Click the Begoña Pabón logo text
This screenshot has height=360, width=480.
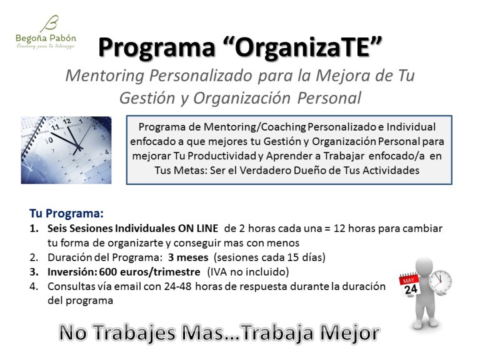[45, 37]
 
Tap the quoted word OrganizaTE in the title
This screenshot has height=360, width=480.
[307, 46]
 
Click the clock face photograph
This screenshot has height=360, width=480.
[66, 149]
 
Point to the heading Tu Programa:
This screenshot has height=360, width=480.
[66, 212]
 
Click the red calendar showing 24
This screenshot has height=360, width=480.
[409, 285]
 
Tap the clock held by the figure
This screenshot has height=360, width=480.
[440, 282]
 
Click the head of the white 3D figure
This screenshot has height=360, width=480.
[426, 267]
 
